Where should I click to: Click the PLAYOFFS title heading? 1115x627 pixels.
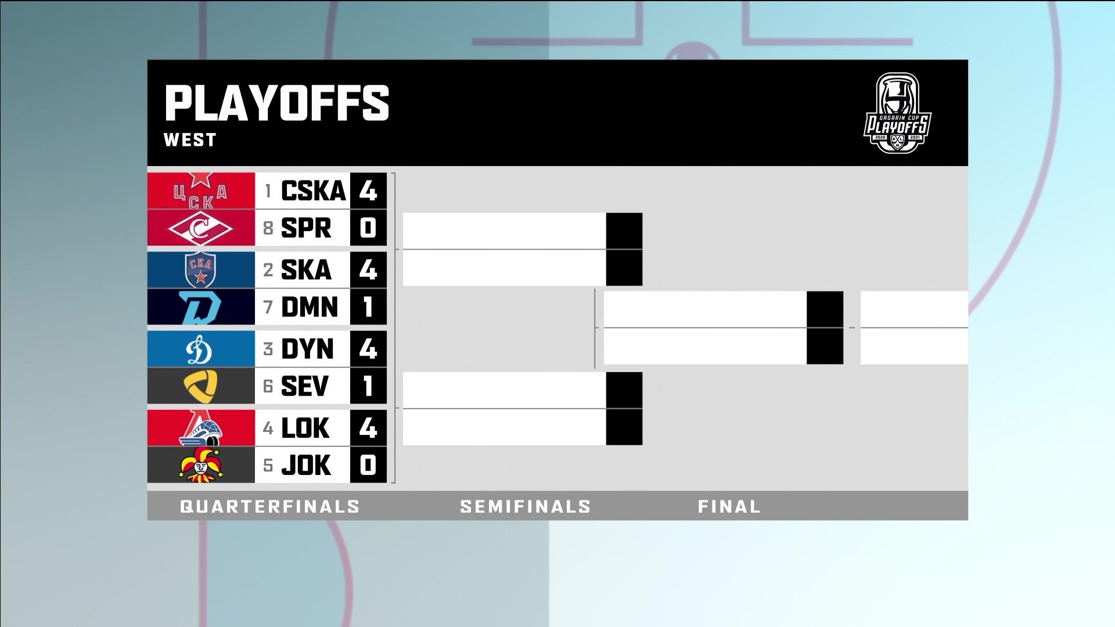276,103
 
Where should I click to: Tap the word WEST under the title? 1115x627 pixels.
190,140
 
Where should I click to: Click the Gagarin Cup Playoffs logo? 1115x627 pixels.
897,113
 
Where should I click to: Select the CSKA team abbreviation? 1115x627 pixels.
313,191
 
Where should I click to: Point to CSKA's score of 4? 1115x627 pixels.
368,191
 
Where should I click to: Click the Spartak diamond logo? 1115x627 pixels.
200,228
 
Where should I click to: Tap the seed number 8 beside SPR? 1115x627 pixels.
268,228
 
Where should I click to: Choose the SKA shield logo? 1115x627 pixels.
200,270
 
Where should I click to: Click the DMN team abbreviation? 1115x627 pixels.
309,307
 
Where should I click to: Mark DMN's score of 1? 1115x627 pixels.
368,307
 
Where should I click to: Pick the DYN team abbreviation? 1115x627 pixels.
307,349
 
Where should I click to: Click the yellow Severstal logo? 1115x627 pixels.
200,386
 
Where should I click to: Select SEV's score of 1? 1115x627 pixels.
368,386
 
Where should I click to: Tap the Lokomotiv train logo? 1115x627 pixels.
200,428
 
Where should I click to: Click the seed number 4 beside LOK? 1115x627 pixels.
268,428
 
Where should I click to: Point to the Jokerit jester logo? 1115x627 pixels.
200,465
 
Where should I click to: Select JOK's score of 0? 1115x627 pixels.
368,465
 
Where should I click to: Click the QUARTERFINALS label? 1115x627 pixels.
269,507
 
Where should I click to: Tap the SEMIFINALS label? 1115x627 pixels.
525,507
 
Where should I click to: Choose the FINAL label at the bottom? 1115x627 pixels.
729,507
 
